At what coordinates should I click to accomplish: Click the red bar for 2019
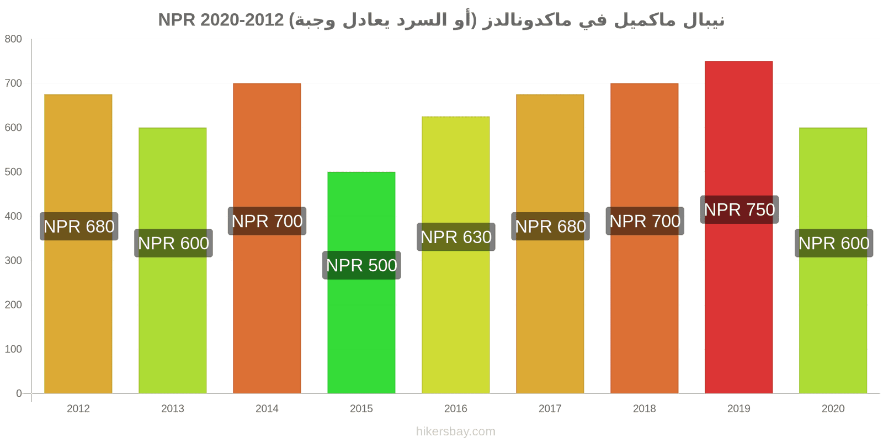(739, 227)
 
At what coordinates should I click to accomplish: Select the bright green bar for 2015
(361, 282)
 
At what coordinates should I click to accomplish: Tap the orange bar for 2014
(267, 238)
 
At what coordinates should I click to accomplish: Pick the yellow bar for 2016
(456, 255)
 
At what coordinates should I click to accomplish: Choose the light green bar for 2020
(833, 260)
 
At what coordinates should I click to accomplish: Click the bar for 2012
(78, 244)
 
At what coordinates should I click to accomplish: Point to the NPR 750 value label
(740, 209)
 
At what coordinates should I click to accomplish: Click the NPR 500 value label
(361, 265)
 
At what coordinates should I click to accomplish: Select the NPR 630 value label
(456, 237)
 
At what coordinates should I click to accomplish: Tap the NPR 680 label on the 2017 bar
(550, 226)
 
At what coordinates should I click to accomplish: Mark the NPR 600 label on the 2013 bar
(173, 243)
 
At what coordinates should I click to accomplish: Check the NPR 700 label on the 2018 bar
(645, 221)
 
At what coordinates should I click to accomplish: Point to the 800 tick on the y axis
(13, 39)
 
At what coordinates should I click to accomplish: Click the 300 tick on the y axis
(13, 260)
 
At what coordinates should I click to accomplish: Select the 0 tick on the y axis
(19, 393)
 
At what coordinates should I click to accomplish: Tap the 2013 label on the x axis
(173, 408)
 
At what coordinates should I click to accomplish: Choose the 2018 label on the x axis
(645, 408)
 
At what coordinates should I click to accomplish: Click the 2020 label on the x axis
(833, 408)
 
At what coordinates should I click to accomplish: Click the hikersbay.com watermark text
(456, 432)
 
